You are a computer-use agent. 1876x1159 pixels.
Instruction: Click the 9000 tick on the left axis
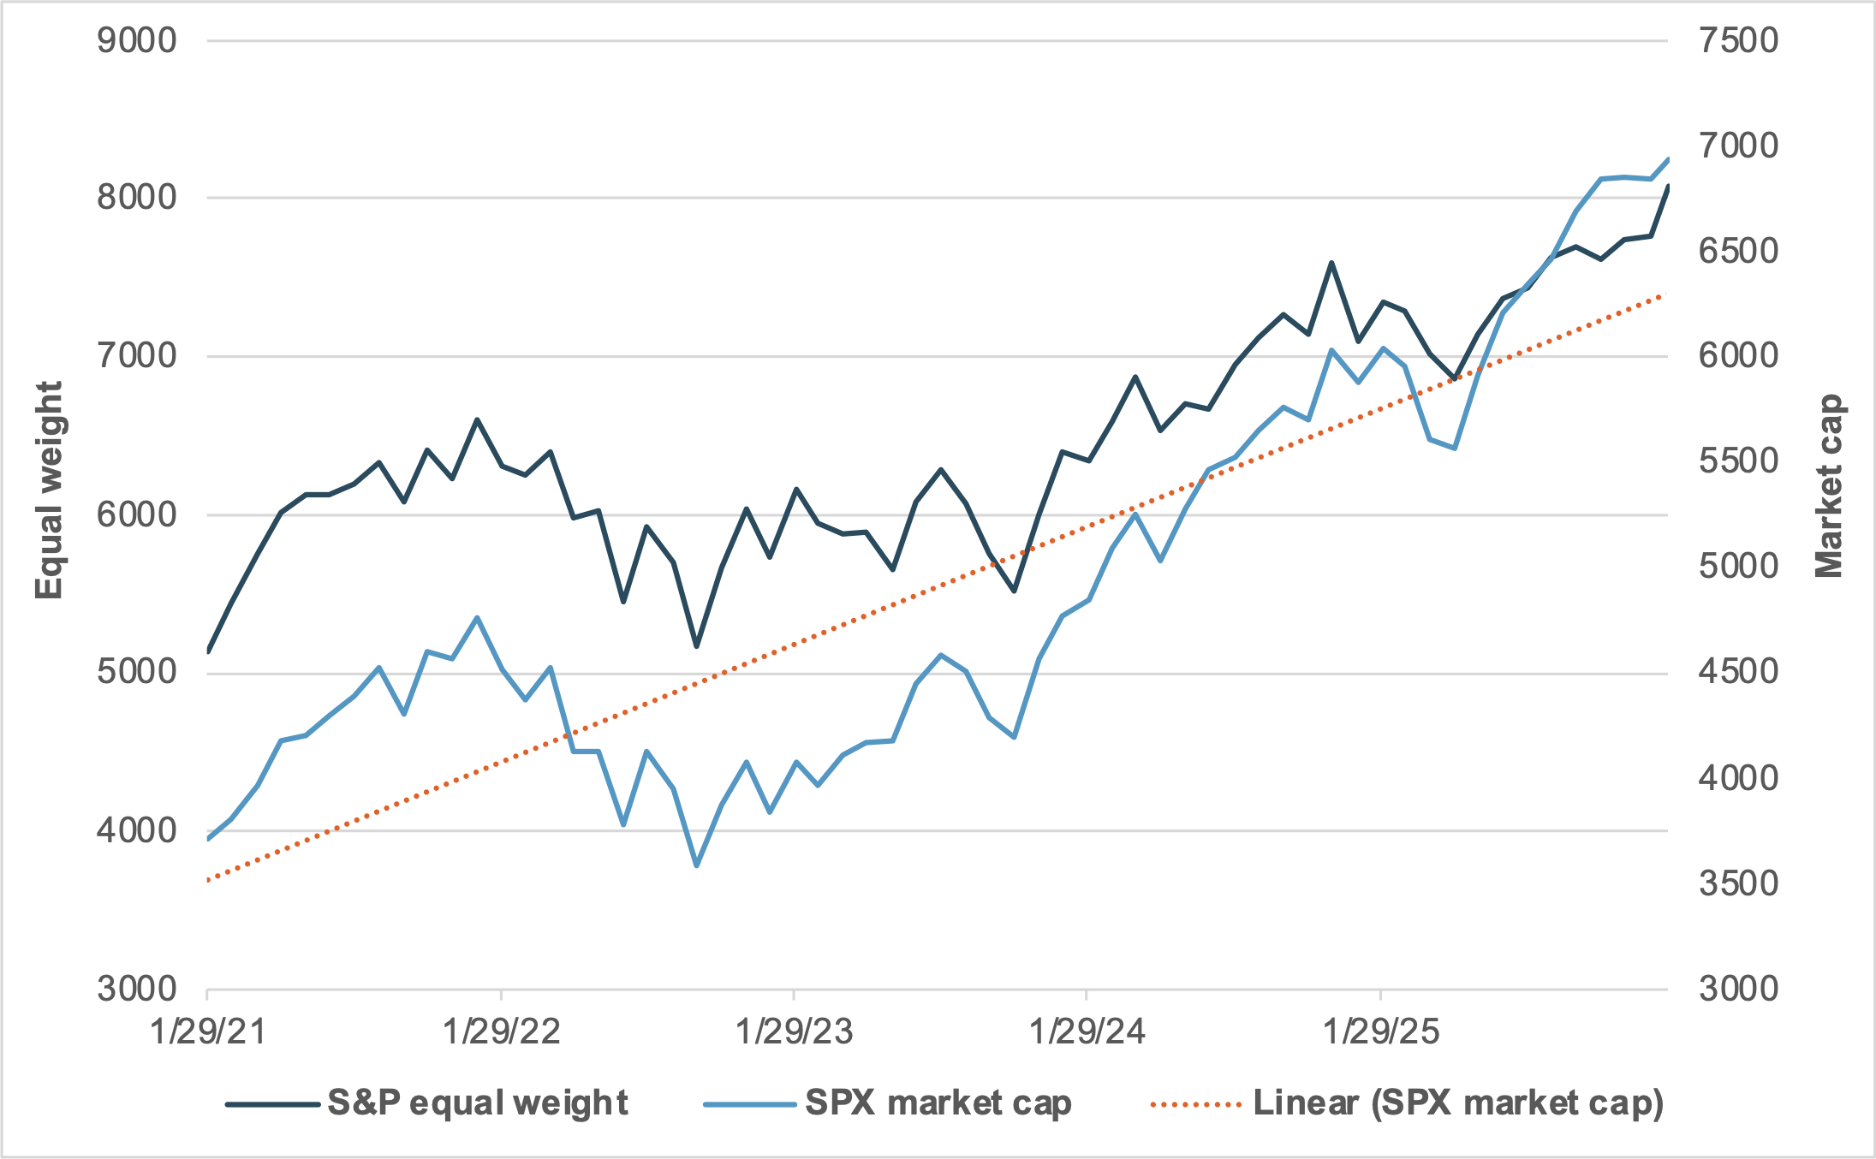click(136, 40)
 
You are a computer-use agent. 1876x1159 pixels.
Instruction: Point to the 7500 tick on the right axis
click(1738, 40)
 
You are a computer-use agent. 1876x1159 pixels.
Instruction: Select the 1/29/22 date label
click(501, 1031)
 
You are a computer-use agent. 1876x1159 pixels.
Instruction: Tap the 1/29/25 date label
click(1381, 1031)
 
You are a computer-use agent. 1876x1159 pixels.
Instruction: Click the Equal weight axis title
click(49, 490)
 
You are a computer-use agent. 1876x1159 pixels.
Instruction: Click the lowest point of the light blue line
click(696, 865)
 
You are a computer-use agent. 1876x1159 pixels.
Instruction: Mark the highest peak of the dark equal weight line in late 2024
click(1331, 263)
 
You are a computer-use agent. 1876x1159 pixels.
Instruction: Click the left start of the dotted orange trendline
click(209, 879)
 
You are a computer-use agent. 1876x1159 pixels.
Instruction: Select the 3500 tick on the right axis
click(1738, 883)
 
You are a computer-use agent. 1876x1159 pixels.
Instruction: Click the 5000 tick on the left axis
click(136, 672)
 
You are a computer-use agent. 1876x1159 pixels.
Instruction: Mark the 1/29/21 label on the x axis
click(208, 1031)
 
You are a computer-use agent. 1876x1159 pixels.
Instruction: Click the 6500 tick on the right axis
click(1738, 251)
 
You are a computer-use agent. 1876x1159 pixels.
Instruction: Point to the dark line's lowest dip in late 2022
click(696, 646)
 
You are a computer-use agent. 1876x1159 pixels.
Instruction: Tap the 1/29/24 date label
click(1087, 1031)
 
